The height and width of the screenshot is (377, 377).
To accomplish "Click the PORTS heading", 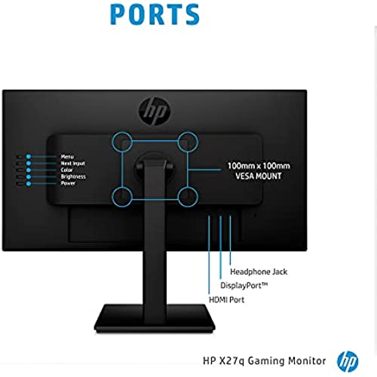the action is tap(155, 14).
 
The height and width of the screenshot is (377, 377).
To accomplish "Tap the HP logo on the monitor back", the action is tap(155, 111).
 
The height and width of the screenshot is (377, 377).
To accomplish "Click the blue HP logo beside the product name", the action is tap(348, 362).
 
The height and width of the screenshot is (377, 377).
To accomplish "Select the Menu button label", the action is tap(67, 157).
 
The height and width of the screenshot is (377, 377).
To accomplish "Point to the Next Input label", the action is tap(72, 164).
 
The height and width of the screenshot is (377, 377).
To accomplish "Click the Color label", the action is tap(66, 170).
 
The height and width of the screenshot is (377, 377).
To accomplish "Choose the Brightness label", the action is tap(73, 176).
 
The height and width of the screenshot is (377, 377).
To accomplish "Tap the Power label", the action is tap(68, 183).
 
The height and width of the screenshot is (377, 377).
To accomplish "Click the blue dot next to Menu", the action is tap(29, 157).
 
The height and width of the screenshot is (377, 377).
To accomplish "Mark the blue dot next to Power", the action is tap(29, 184).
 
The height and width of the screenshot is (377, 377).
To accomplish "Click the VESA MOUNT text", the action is tap(259, 176).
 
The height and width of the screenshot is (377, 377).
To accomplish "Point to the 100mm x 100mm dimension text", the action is tap(259, 166).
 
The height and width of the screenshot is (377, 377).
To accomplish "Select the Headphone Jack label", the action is tap(259, 271).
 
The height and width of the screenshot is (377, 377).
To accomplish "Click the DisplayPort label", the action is tap(244, 286).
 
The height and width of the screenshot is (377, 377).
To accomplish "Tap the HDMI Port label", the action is tap(226, 299).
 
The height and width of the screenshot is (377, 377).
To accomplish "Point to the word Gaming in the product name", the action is tap(266, 361).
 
